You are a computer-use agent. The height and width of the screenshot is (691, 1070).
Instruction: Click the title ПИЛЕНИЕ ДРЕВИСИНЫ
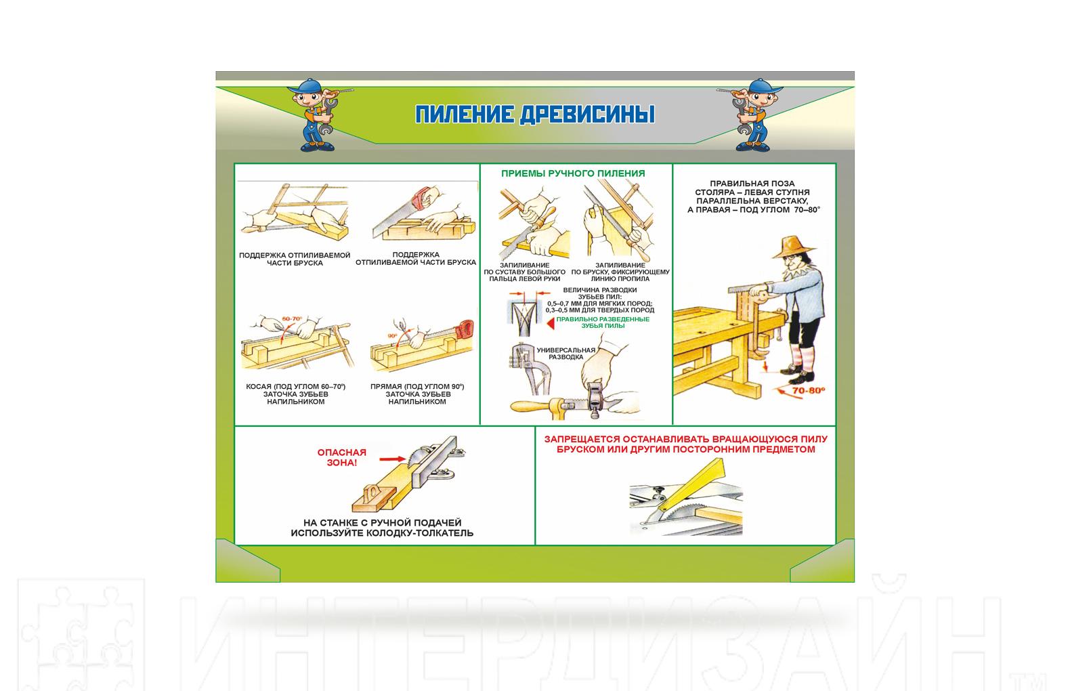pos(534,114)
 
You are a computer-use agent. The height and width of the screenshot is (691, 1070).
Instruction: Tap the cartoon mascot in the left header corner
pos(317,114)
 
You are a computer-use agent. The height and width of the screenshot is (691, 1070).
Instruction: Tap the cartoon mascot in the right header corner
pos(752,114)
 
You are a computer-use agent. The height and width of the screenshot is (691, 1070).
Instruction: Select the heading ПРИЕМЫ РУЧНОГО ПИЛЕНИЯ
pos(573,173)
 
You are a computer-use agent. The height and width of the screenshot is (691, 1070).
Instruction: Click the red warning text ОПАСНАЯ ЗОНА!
pos(341,457)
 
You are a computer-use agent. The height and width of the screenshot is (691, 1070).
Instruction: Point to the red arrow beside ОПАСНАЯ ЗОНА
pos(393,459)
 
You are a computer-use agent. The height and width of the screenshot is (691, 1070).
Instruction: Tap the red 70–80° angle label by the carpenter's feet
pos(809,390)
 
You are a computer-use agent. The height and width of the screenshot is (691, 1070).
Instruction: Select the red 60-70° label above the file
pos(292,318)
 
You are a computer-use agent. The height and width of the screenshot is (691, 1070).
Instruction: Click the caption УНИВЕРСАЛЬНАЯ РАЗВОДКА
pos(566,354)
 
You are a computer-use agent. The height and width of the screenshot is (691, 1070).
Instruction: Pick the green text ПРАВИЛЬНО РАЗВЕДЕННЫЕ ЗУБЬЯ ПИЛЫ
pos(603,322)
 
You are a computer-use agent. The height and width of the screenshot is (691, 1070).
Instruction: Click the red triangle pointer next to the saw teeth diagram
pos(551,324)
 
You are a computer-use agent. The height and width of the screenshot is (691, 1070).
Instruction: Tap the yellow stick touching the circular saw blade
pos(693,484)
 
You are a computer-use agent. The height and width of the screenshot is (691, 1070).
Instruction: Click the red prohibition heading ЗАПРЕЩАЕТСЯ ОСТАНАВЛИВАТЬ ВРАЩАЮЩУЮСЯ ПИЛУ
pos(686,439)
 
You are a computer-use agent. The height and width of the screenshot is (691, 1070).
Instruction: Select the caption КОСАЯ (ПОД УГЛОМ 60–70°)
pos(296,387)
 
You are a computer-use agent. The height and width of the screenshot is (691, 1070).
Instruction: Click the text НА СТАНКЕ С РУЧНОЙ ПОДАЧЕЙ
pos(382,523)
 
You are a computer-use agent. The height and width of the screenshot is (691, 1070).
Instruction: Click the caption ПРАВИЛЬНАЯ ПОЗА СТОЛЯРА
pos(752,188)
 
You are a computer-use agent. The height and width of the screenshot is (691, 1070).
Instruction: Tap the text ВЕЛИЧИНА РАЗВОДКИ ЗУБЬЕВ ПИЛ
pos(600,293)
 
